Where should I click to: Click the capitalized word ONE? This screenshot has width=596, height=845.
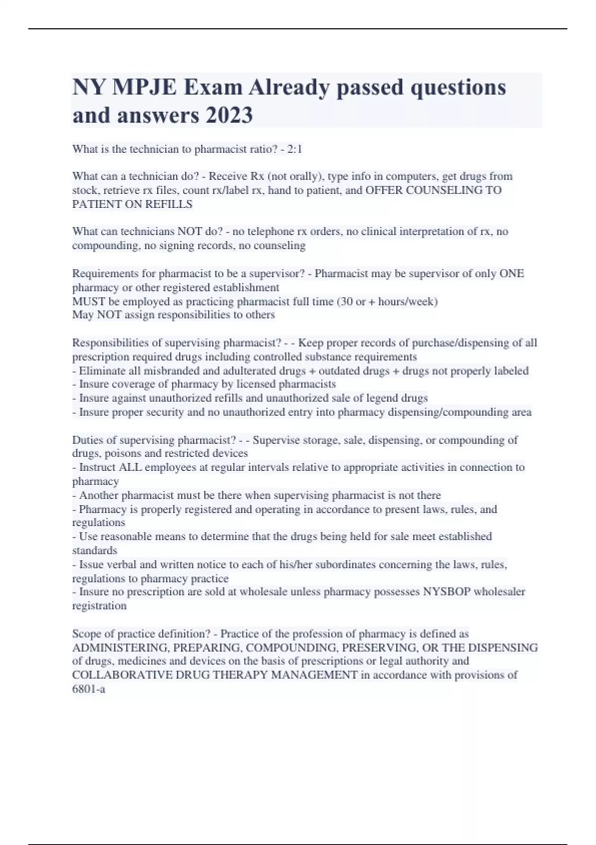pos(512,274)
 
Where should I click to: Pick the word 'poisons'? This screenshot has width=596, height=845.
pos(122,453)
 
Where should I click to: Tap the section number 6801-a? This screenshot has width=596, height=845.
pos(88,689)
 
